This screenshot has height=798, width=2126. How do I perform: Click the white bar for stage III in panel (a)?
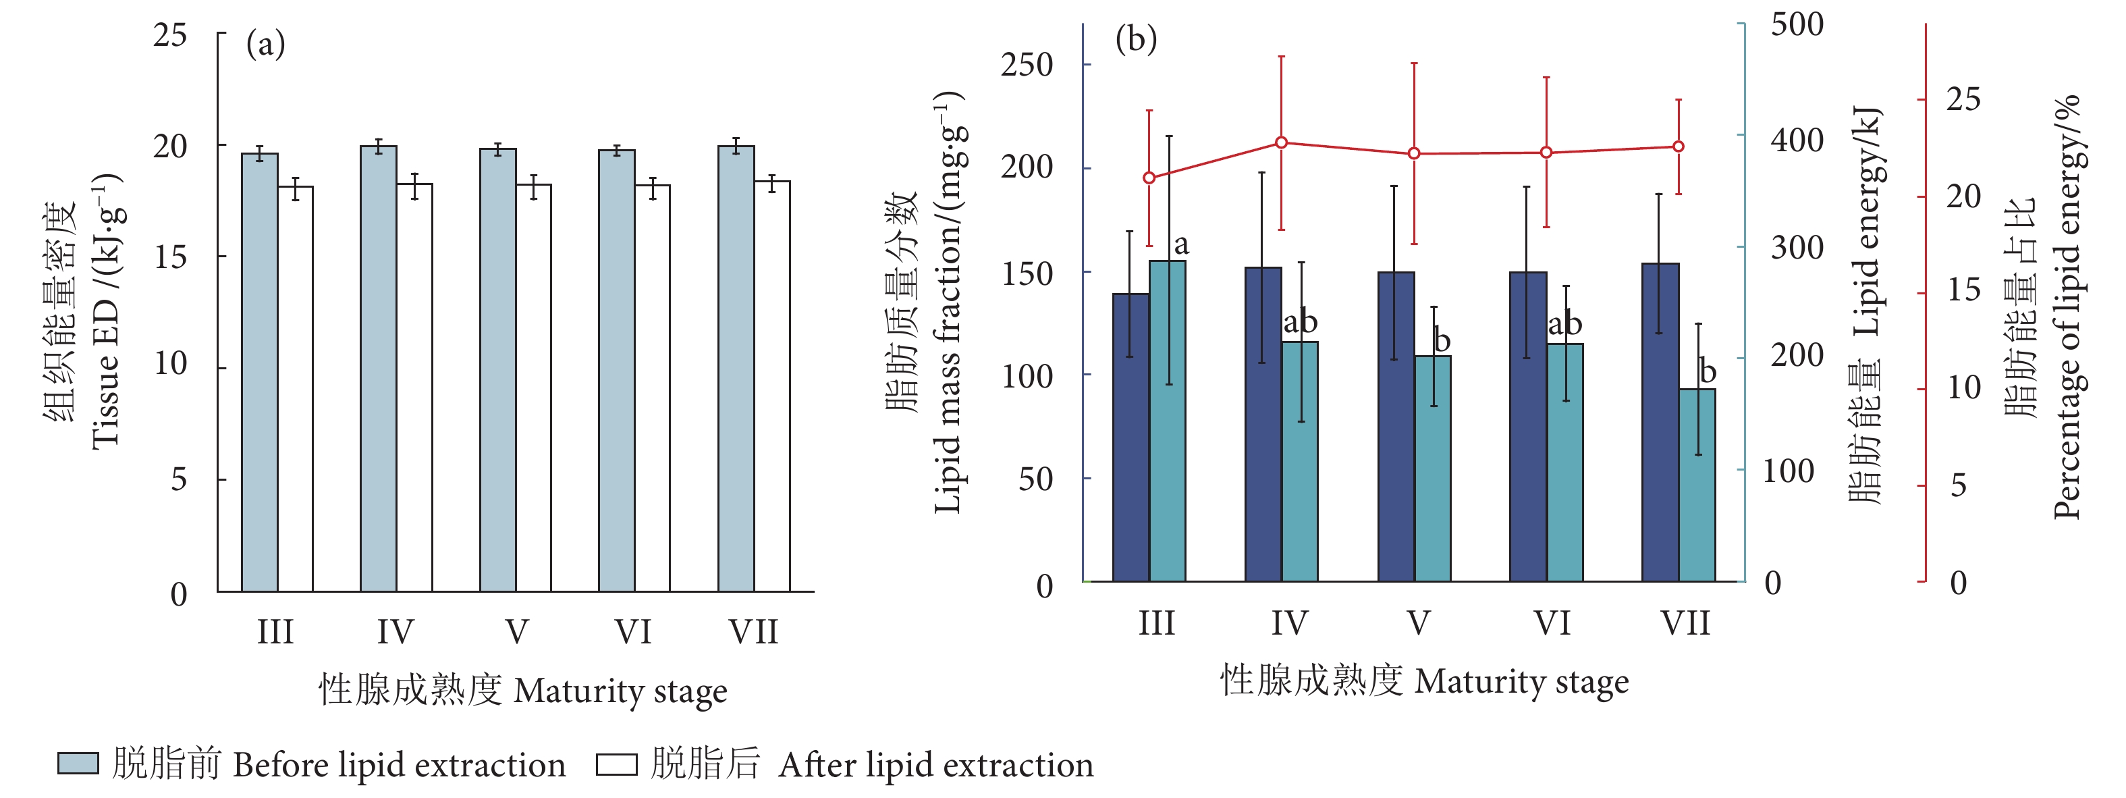(x=295, y=388)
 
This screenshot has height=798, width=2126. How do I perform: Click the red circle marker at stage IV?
(x=1282, y=142)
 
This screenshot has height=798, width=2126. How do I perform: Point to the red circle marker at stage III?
(x=1149, y=178)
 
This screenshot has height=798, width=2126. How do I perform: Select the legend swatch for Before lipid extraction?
(x=78, y=764)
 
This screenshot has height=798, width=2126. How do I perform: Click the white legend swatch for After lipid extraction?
(x=616, y=765)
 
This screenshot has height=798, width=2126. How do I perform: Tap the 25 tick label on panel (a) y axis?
(x=170, y=36)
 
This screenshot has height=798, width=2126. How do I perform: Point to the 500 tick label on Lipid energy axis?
(x=1797, y=25)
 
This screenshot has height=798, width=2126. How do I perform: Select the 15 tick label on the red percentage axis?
(x=1963, y=290)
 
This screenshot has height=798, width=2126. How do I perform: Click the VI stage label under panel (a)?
(x=633, y=632)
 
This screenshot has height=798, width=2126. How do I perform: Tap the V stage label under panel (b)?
(x=1418, y=623)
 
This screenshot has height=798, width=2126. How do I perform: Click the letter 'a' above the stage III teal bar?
(x=1181, y=245)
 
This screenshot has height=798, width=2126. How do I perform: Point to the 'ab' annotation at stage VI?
(x=1564, y=323)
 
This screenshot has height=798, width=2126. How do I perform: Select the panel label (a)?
(x=266, y=45)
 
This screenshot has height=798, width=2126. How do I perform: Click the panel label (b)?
(x=1136, y=38)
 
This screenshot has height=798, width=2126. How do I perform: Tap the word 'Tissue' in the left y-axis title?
(x=107, y=408)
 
